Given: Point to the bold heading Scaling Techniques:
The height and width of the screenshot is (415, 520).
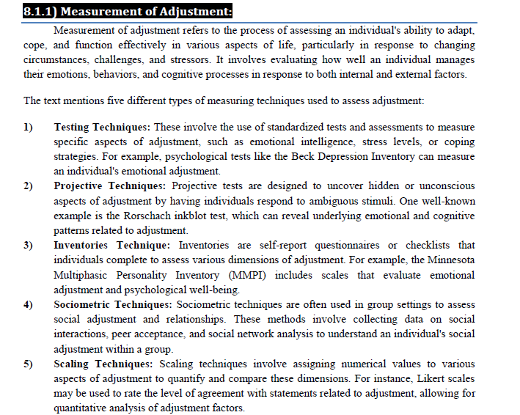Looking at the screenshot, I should point(103,364).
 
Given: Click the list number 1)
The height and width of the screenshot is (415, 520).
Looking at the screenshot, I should point(29,127).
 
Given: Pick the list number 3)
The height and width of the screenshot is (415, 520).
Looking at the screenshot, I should point(29,245).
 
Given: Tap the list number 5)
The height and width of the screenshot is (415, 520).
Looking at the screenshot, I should point(29,364).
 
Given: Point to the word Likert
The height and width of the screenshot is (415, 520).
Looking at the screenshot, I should point(422,378).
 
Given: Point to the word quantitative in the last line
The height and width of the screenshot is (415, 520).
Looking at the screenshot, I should point(82,408).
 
